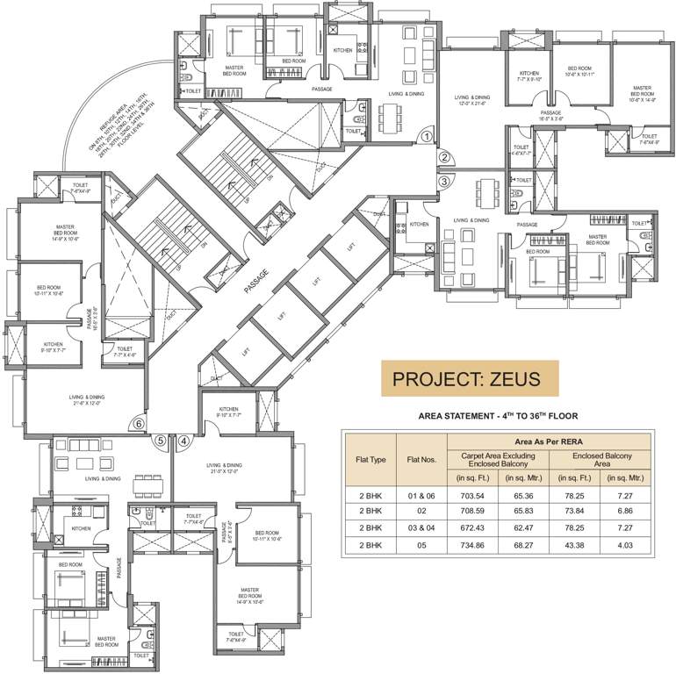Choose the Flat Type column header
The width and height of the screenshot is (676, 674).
pyautogui.click(x=370, y=459)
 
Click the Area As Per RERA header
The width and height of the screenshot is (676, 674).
pyautogui.click(x=551, y=441)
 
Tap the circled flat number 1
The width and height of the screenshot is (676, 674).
pyautogui.click(x=426, y=135)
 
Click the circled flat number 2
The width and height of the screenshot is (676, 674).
pyautogui.click(x=445, y=158)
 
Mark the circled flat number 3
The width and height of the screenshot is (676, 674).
pyautogui.click(x=445, y=182)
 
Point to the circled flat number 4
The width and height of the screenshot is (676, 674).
pyautogui.click(x=183, y=441)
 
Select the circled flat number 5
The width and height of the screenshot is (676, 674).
pyautogui.click(x=160, y=441)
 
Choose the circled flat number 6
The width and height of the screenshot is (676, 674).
pyautogui.click(x=138, y=424)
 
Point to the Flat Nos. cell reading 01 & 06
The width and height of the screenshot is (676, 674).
pyautogui.click(x=420, y=495)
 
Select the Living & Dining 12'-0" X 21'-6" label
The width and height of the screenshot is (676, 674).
pyautogui.click(x=471, y=100)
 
